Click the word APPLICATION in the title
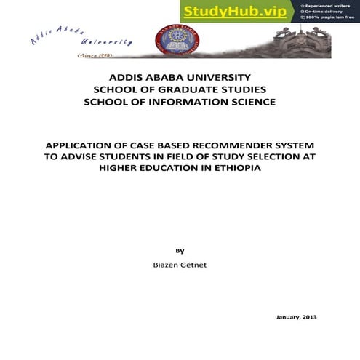[x=84, y=143]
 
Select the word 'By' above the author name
[x=180, y=251]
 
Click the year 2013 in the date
[x=309, y=317]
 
